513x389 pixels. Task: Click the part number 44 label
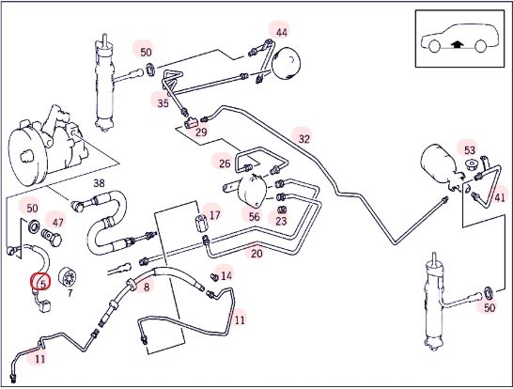pyautogui.click(x=281, y=32)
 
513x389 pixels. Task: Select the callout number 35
pyautogui.click(x=163, y=103)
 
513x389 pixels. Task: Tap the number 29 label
pyautogui.click(x=201, y=132)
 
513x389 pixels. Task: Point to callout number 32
pyautogui.click(x=303, y=139)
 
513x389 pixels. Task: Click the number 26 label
pyautogui.click(x=225, y=163)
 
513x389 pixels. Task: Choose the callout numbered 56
pyautogui.click(x=254, y=216)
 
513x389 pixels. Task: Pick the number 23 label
pyautogui.click(x=281, y=221)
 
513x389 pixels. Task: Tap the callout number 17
pyautogui.click(x=214, y=215)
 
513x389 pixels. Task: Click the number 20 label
pyautogui.click(x=256, y=254)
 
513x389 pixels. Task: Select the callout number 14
pyautogui.click(x=226, y=276)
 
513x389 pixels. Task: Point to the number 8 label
pyautogui.click(x=147, y=287)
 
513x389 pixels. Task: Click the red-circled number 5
pyautogui.click(x=41, y=282)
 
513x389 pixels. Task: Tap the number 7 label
pyautogui.click(x=70, y=293)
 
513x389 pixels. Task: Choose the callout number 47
pyautogui.click(x=58, y=223)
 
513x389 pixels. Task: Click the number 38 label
pyautogui.click(x=99, y=183)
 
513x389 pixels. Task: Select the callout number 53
pyautogui.click(x=470, y=150)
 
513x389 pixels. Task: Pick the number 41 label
pyautogui.click(x=499, y=197)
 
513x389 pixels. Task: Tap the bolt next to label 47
pyautogui.click(x=52, y=238)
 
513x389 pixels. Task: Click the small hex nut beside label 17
pyautogui.click(x=200, y=223)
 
